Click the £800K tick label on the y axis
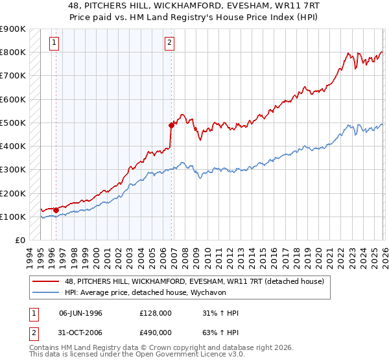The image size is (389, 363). (13, 53)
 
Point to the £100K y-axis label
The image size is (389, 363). (13, 217)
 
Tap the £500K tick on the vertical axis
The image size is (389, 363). (13, 123)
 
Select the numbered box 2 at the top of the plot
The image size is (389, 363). (169, 43)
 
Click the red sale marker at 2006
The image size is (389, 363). (171, 125)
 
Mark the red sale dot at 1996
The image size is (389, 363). (56, 210)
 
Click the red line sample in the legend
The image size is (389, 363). (46, 281)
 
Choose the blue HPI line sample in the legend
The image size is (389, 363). (46, 292)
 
